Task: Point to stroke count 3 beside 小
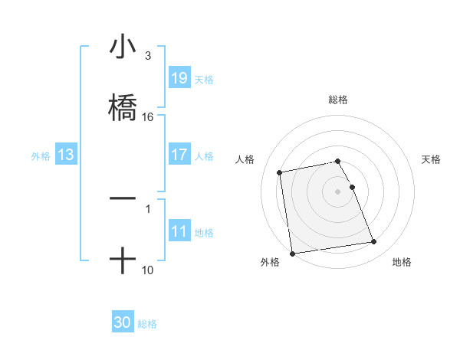pos(148,56)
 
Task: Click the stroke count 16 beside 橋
pos(148,117)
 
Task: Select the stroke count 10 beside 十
pos(148,270)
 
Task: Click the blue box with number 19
pos(179,78)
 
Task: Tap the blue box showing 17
pos(179,155)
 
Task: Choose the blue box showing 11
pos(179,231)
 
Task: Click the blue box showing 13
pos(66,155)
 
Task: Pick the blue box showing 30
pos(123,323)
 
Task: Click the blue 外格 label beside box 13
pos(41,155)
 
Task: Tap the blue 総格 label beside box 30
pos(147,324)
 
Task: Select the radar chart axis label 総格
pos(338,100)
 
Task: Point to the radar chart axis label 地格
pos(402,263)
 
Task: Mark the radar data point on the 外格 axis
pos(292,253)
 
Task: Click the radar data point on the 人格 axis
pos(280,172)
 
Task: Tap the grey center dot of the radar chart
pos(338,191)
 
